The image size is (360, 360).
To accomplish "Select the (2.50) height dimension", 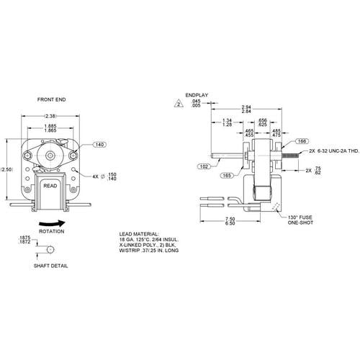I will (x=6, y=169).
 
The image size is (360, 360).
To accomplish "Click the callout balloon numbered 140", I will (x=99, y=145).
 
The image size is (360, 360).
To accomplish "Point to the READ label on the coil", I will (x=50, y=185).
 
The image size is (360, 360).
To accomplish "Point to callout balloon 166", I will (x=301, y=142).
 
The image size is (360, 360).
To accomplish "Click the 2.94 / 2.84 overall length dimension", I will (x=246, y=110).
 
